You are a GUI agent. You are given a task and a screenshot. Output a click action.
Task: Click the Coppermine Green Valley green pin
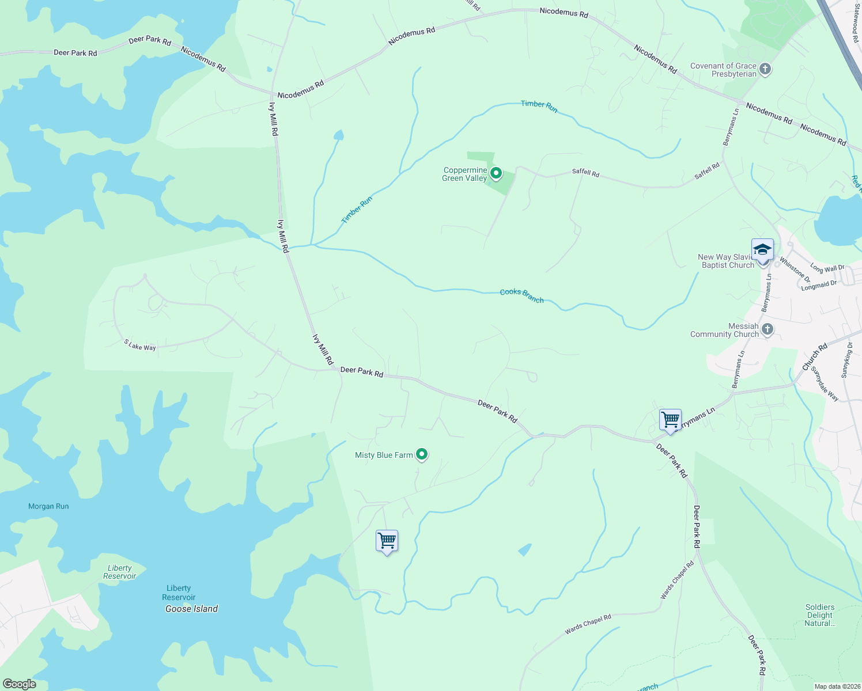click(x=496, y=173)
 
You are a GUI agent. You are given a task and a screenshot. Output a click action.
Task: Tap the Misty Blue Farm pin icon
click(x=422, y=455)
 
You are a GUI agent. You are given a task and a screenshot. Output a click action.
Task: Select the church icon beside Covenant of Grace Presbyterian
click(x=765, y=70)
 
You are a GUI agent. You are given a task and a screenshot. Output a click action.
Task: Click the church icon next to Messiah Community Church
click(x=767, y=329)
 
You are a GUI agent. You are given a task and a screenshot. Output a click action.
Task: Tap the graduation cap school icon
click(x=762, y=250)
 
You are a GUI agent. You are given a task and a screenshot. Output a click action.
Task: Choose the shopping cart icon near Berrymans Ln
click(x=670, y=420)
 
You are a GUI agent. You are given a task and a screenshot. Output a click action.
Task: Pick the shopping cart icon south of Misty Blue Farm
click(x=387, y=541)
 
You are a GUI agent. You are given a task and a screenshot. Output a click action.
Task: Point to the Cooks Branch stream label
click(x=521, y=295)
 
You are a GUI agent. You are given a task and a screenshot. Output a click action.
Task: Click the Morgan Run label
click(x=48, y=506)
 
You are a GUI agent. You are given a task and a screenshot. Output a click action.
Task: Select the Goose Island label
click(x=191, y=609)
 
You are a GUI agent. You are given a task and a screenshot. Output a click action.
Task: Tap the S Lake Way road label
click(x=140, y=345)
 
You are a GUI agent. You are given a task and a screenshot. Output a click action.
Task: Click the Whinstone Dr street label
click(x=795, y=269)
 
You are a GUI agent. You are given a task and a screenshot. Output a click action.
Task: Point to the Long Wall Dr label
click(x=827, y=268)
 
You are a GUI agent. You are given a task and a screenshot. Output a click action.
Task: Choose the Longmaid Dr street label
click(x=819, y=284)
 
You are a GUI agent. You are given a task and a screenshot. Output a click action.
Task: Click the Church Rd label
click(x=815, y=357)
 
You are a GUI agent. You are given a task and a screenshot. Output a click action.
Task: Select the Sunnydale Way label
click(x=825, y=384)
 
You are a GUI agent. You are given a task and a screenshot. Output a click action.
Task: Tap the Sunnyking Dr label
click(x=846, y=360)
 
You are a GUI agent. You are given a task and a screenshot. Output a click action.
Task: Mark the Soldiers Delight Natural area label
click(x=819, y=615)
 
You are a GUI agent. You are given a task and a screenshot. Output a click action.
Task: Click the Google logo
click(x=19, y=684)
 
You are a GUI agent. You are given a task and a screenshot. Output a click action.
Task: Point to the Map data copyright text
click(x=837, y=686)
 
